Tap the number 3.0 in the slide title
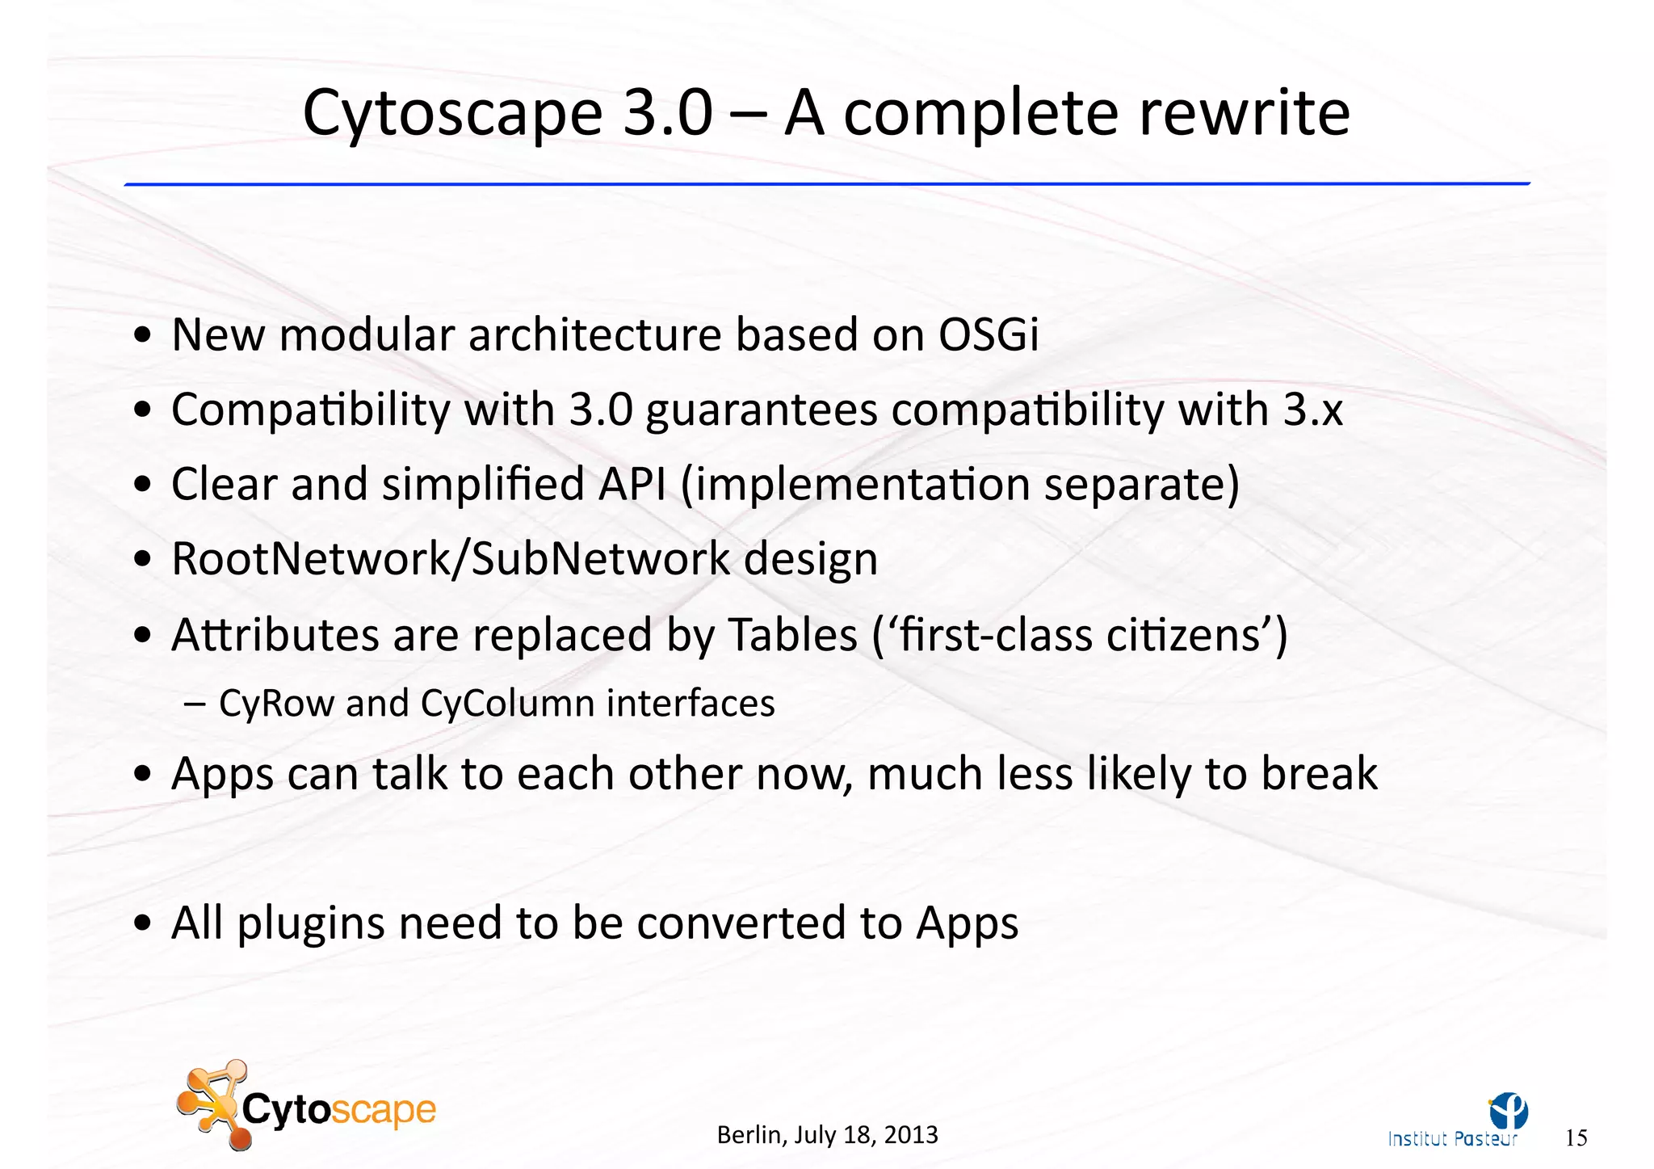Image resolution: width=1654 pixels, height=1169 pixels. click(669, 113)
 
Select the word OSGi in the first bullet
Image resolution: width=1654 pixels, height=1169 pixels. click(988, 334)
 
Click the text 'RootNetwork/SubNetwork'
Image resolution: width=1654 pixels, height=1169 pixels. click(451, 559)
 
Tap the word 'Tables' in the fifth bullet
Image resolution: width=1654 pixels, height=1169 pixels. click(792, 634)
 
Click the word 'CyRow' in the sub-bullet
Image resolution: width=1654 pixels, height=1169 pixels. click(275, 704)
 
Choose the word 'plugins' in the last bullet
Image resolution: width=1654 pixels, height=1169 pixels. click(310, 924)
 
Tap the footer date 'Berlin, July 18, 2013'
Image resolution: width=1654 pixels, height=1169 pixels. click(827, 1135)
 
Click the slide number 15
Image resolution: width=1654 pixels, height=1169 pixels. click(1576, 1138)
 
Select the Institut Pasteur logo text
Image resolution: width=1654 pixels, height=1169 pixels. click(1451, 1139)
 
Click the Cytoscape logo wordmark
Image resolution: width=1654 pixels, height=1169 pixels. click(339, 1109)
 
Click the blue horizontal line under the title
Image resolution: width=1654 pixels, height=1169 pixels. click(827, 184)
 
